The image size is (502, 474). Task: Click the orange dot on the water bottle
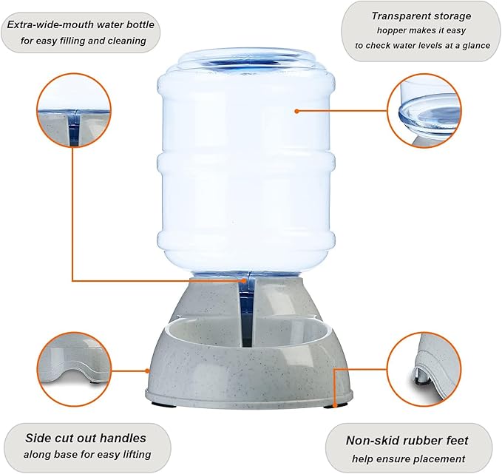click(296, 111)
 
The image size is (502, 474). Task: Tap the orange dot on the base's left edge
click(147, 371)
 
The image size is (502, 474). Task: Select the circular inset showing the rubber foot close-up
click(424, 370)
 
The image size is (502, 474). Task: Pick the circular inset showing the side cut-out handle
click(74, 369)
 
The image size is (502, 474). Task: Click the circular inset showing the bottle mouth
click(424, 111)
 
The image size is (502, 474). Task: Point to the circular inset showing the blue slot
click(74, 110)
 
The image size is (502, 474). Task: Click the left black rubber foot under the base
click(164, 404)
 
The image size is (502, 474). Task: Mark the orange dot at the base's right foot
click(335, 405)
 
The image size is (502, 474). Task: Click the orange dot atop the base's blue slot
click(245, 280)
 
